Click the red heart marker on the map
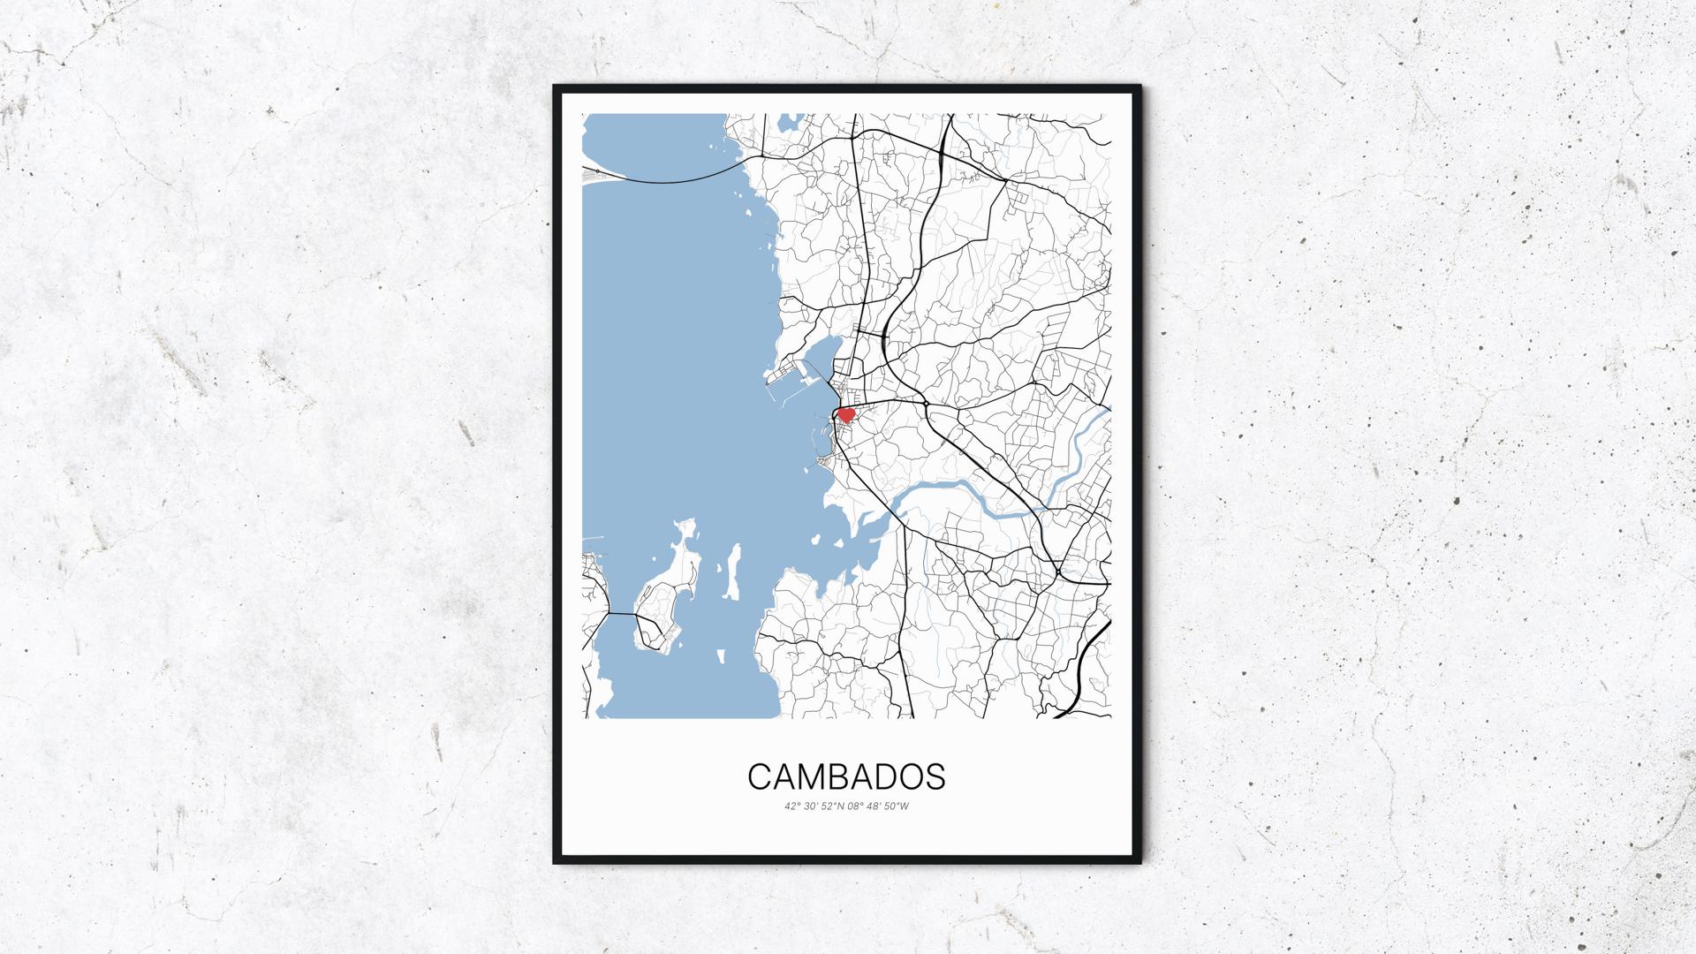(845, 413)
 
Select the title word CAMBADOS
(846, 776)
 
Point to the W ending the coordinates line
(905, 806)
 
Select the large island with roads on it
(658, 609)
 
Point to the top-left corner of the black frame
(555, 87)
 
